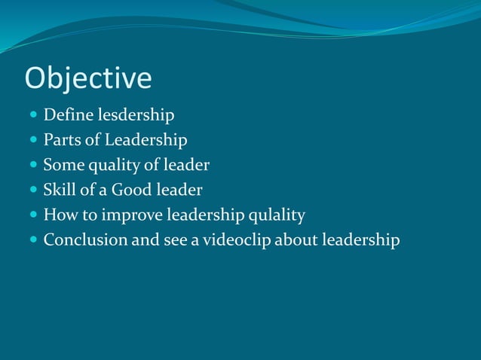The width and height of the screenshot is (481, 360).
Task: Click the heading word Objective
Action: [88, 78]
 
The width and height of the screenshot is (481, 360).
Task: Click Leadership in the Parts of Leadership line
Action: [146, 140]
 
